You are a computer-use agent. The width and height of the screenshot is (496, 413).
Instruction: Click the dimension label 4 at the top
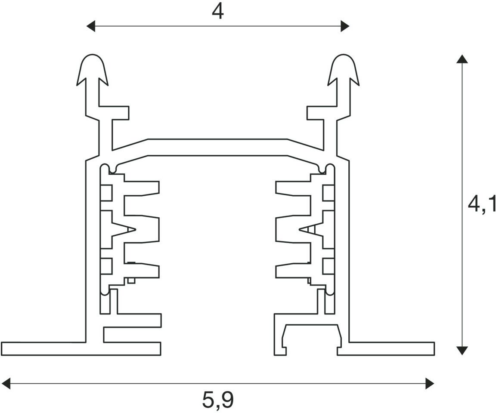point(218,12)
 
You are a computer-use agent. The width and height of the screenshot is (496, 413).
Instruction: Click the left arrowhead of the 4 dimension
point(91,26)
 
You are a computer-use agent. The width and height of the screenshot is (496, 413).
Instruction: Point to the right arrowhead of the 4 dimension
point(345,26)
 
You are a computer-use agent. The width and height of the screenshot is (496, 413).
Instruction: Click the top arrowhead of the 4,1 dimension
point(462,59)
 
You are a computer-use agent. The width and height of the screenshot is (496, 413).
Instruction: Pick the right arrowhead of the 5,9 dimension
point(430,383)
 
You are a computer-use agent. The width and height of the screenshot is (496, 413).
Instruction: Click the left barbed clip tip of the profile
point(93,70)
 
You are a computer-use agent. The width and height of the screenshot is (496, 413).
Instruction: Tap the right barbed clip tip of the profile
point(343,70)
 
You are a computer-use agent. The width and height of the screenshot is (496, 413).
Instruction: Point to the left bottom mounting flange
point(44,348)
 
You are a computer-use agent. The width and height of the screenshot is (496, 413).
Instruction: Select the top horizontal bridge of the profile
point(218,147)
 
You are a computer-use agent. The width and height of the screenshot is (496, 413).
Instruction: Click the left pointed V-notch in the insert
point(124,229)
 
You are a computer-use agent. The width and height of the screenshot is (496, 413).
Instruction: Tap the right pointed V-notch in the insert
point(312,229)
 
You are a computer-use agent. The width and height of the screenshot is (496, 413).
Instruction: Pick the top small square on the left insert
point(106,193)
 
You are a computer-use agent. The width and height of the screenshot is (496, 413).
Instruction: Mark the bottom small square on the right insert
point(329,266)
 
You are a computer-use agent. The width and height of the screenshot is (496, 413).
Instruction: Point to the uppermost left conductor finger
point(141,188)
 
